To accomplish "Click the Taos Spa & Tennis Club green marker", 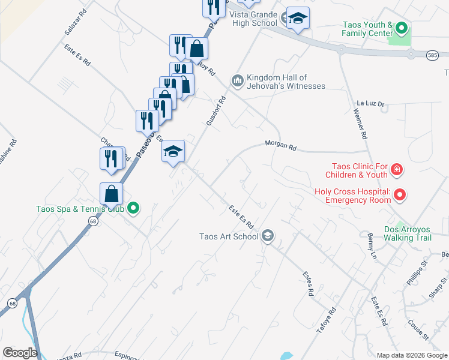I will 134,209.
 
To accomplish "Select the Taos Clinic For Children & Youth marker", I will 396,170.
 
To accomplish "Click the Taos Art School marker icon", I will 268,236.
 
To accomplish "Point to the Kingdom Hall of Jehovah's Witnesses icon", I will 238,80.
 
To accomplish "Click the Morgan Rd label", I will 282,146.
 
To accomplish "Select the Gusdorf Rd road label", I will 215,111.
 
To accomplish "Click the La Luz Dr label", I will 369,103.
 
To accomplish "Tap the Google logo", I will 20,353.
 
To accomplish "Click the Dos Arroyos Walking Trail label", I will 408,233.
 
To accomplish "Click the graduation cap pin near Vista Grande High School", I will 297,18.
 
